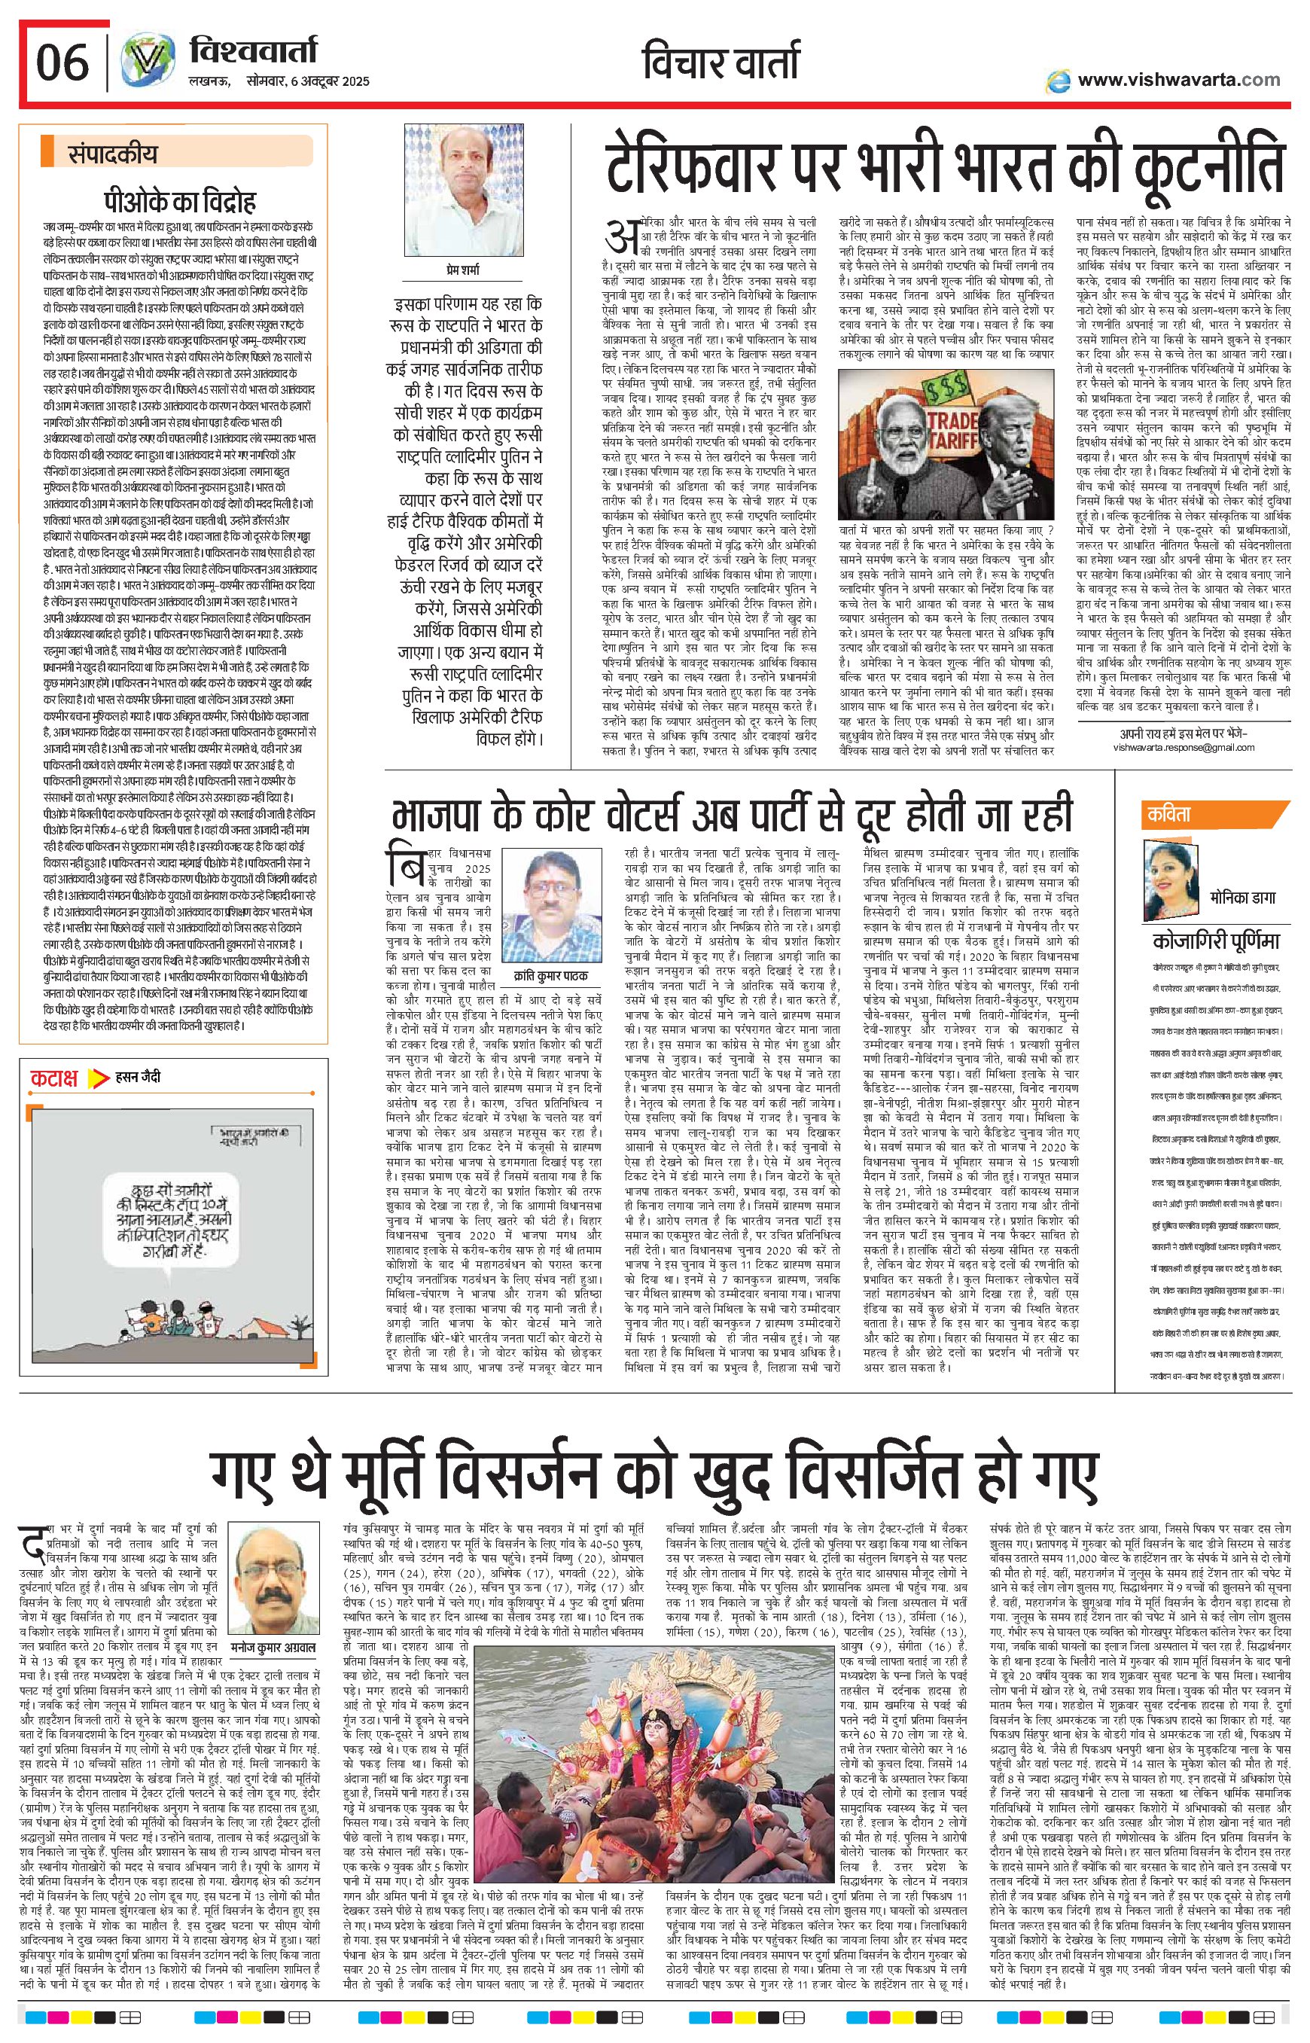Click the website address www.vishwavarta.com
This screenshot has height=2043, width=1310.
pos(1178,80)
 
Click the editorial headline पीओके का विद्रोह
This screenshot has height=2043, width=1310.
pos(179,202)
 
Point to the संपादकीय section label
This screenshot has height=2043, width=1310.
pos(112,154)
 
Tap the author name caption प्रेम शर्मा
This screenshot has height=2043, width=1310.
pos(462,270)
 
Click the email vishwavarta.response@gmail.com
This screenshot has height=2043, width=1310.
pos(1184,747)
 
